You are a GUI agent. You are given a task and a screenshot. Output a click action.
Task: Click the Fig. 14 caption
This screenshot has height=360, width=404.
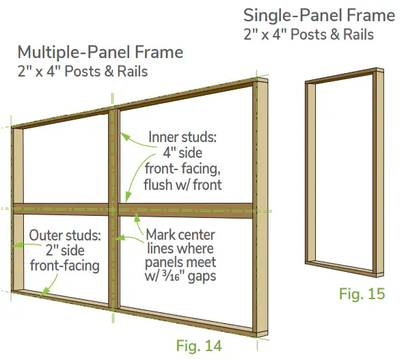(x=198, y=346)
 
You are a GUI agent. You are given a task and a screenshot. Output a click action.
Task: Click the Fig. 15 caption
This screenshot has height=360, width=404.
(x=362, y=294)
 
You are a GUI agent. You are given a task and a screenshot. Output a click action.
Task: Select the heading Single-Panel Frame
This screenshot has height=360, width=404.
(x=319, y=15)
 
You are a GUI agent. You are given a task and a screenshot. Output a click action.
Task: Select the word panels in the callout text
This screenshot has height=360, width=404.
(x=163, y=262)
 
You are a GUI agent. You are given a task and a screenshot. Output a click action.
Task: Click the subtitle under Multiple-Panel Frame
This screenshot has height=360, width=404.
(x=83, y=71)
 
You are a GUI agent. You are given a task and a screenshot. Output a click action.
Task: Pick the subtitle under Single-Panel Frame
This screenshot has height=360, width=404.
(x=309, y=33)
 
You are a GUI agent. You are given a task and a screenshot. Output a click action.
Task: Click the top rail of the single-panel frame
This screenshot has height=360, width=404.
(x=342, y=75)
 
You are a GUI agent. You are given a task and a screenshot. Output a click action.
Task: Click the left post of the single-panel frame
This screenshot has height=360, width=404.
(x=309, y=171)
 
